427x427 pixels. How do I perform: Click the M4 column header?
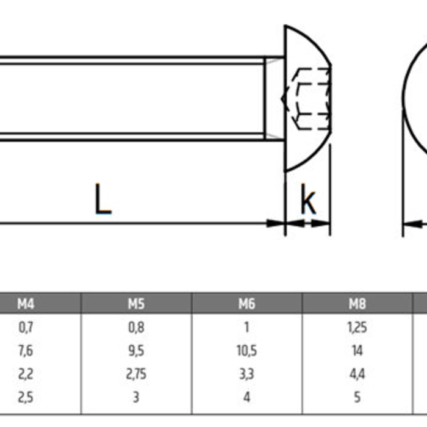point(26,303)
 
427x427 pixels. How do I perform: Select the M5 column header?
point(136,303)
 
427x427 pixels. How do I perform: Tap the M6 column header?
point(246,303)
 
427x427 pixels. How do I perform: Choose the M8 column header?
point(357,303)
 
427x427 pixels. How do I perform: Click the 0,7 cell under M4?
point(26,328)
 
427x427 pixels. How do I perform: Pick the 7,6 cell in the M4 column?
point(26,351)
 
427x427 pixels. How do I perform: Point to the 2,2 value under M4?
point(26,374)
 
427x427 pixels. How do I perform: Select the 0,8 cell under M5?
point(136,328)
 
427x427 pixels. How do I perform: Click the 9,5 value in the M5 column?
point(136,351)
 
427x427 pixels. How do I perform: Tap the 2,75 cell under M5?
point(136,374)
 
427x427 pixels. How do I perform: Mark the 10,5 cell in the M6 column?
point(246,351)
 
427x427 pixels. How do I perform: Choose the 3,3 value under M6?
point(246,374)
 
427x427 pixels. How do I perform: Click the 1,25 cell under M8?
point(357,328)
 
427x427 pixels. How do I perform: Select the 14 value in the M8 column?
point(357,351)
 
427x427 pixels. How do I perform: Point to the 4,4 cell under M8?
point(357,374)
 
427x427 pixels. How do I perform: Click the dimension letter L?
point(102,199)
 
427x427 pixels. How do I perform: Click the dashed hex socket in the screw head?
point(312,98)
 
